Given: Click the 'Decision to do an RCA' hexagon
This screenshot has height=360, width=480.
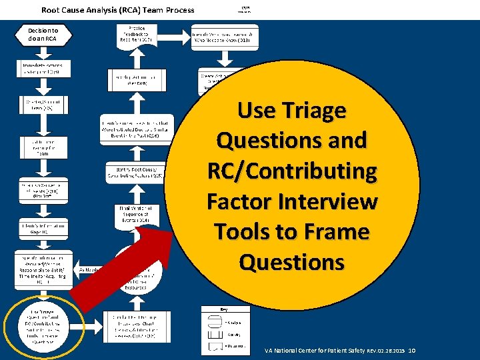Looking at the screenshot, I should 43,35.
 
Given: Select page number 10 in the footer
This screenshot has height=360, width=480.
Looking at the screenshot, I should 412,351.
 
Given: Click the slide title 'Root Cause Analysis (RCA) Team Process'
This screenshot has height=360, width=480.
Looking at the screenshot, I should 118,10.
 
